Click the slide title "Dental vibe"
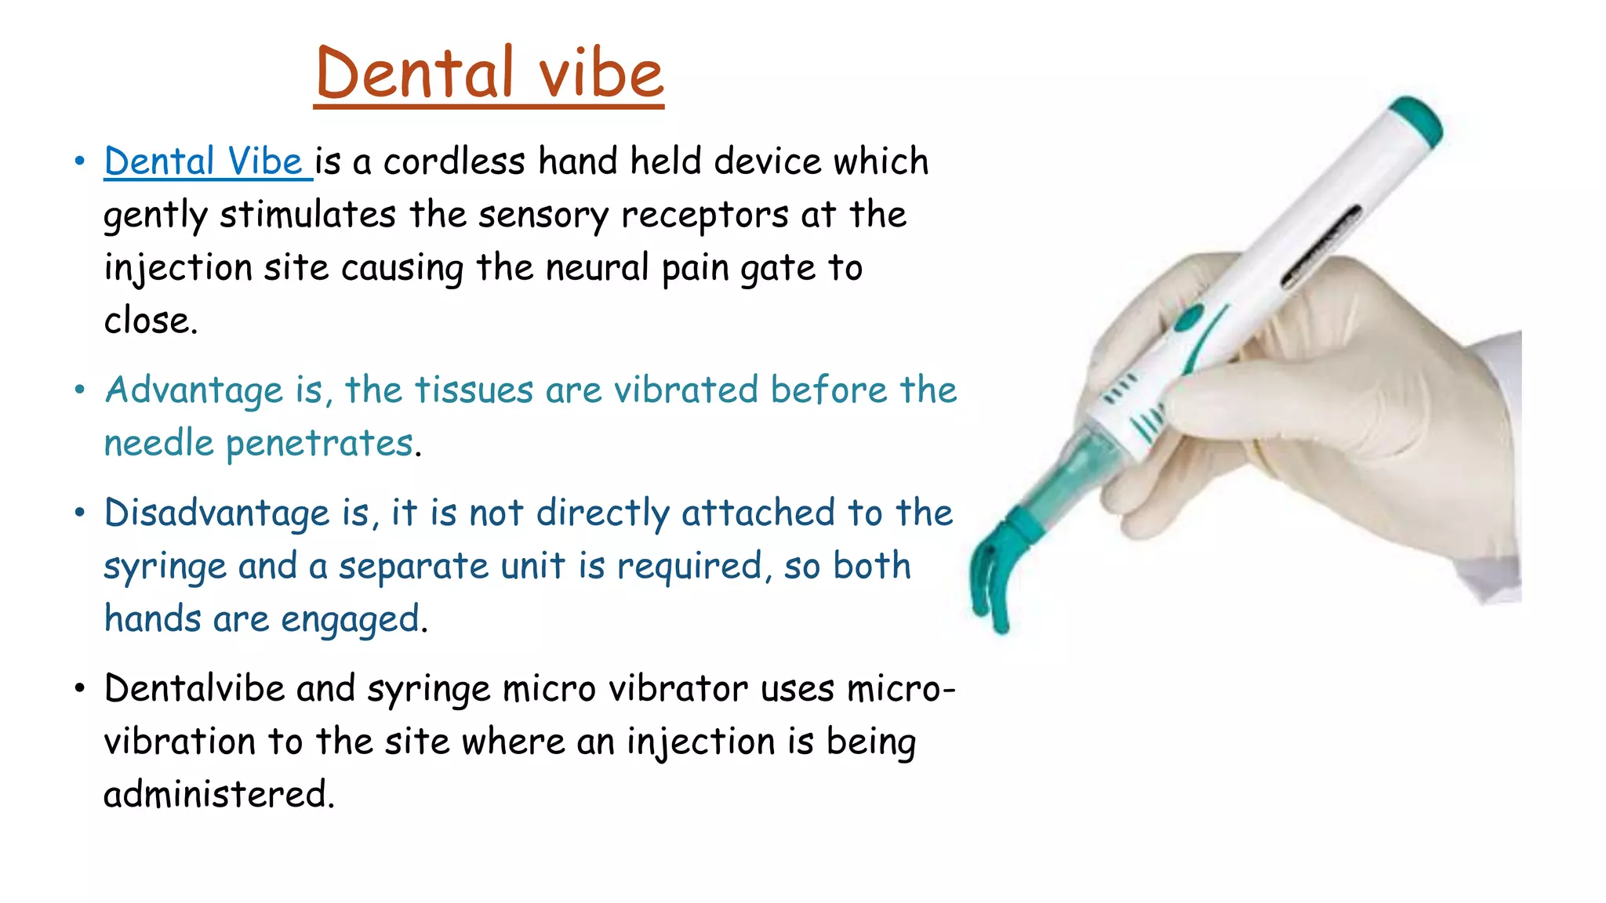[489, 73]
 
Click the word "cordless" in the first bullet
[454, 161]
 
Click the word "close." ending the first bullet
[151, 321]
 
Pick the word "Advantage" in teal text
[194, 390]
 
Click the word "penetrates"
[319, 444]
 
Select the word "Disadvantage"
[216, 513]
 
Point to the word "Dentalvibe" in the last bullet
[194, 689]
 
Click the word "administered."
[219, 794]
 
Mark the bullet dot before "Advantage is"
[79, 390]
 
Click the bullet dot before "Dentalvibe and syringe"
[79, 688]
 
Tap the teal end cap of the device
[1416, 119]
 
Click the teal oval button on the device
[1190, 318]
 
